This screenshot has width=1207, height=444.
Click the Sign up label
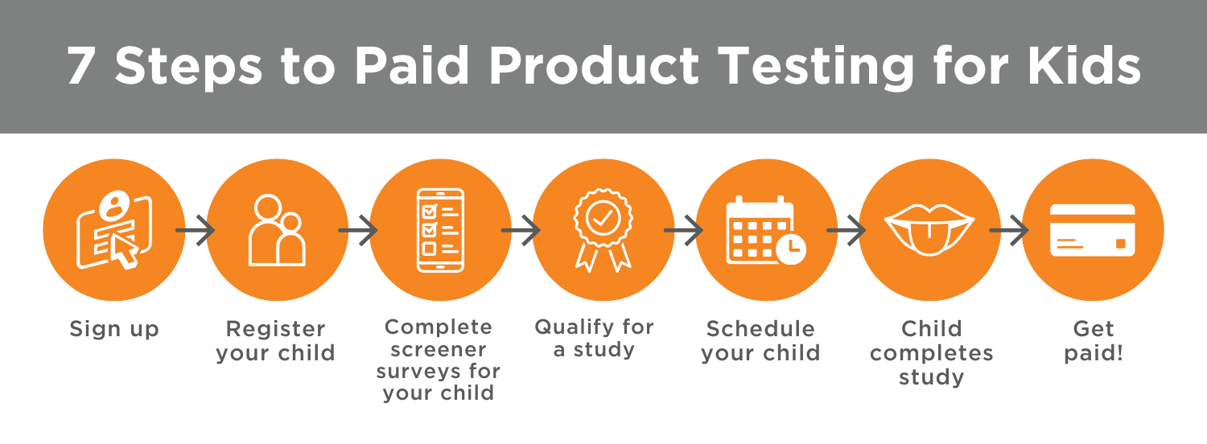(x=114, y=329)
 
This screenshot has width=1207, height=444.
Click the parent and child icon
(x=277, y=230)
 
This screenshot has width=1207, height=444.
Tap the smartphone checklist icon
(x=440, y=230)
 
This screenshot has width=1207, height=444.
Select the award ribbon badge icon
(x=603, y=230)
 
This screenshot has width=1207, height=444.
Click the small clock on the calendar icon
(x=791, y=249)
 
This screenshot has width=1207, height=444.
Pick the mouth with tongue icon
(x=929, y=229)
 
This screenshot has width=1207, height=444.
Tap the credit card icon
(x=1093, y=230)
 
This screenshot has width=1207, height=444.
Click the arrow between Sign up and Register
(x=195, y=230)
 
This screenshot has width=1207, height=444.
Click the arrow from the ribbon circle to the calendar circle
(x=683, y=230)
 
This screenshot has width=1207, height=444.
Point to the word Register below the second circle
(x=275, y=329)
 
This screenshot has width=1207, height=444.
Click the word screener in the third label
(x=438, y=350)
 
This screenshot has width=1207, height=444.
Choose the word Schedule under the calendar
(x=760, y=329)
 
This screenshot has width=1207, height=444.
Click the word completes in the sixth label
(x=931, y=353)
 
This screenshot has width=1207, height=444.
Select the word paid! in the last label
(x=1094, y=353)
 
